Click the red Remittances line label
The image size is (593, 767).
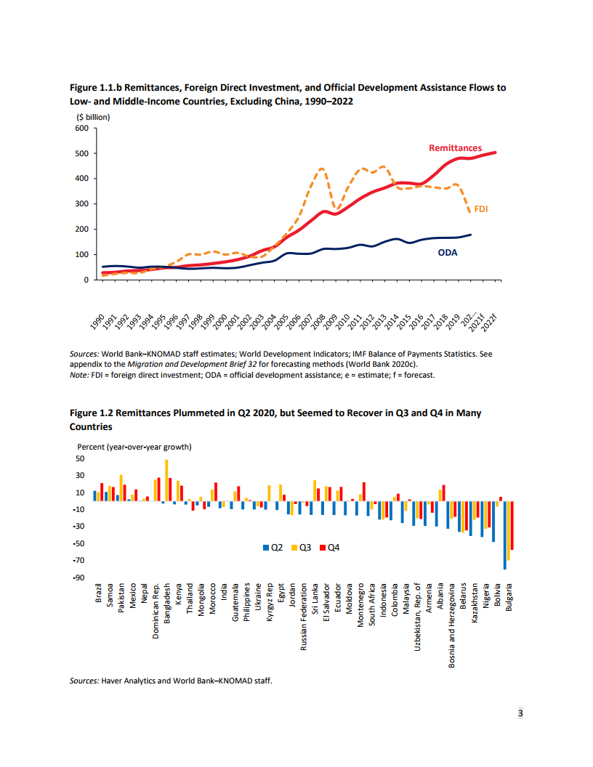(x=455, y=148)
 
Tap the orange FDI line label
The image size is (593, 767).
(x=481, y=209)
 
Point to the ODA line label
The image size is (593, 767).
(x=447, y=253)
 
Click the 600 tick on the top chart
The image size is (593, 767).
(x=81, y=129)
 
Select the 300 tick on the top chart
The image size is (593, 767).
(x=81, y=204)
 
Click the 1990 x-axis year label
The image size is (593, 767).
(x=97, y=322)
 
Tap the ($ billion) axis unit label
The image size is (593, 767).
(x=93, y=116)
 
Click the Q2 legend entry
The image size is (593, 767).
(x=271, y=547)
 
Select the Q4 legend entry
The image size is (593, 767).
(x=328, y=547)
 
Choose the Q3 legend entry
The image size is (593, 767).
(x=299, y=547)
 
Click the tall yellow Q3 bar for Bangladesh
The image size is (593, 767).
(x=166, y=480)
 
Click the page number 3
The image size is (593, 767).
(x=520, y=713)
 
